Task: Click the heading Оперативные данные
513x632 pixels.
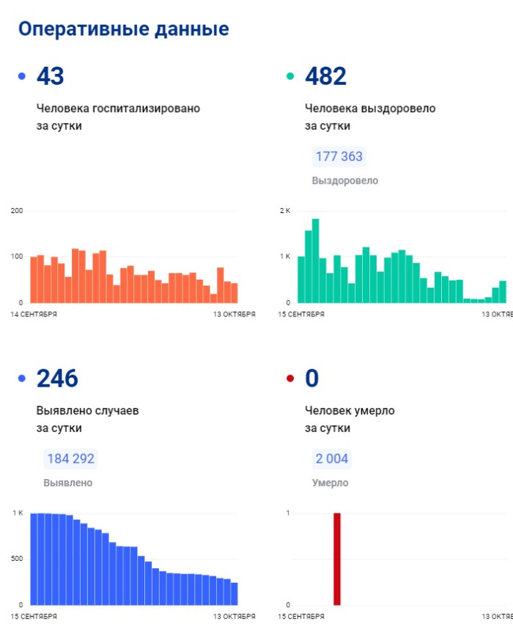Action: (123, 29)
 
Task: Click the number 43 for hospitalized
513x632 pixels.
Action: (51, 76)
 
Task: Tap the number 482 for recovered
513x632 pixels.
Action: (325, 76)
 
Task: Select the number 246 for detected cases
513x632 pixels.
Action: (57, 379)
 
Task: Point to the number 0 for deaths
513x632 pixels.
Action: (312, 379)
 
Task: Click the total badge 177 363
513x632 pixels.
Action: (339, 157)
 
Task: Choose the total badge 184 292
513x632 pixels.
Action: (70, 459)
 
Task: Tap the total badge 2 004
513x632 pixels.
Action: (332, 459)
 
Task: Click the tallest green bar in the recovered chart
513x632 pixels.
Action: (315, 261)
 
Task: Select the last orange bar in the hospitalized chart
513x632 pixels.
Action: (235, 293)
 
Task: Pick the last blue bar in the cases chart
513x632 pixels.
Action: (235, 593)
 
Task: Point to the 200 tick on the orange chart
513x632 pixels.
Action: (17, 211)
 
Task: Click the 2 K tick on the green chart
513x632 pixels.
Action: (285, 211)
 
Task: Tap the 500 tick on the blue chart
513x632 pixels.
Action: (17, 559)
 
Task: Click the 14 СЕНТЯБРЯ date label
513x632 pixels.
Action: (34, 314)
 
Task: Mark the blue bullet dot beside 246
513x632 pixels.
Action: (21, 379)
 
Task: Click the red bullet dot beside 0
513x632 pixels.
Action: (290, 379)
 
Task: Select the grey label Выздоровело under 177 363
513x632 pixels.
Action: (344, 181)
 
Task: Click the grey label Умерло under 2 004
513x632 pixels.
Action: (330, 483)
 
